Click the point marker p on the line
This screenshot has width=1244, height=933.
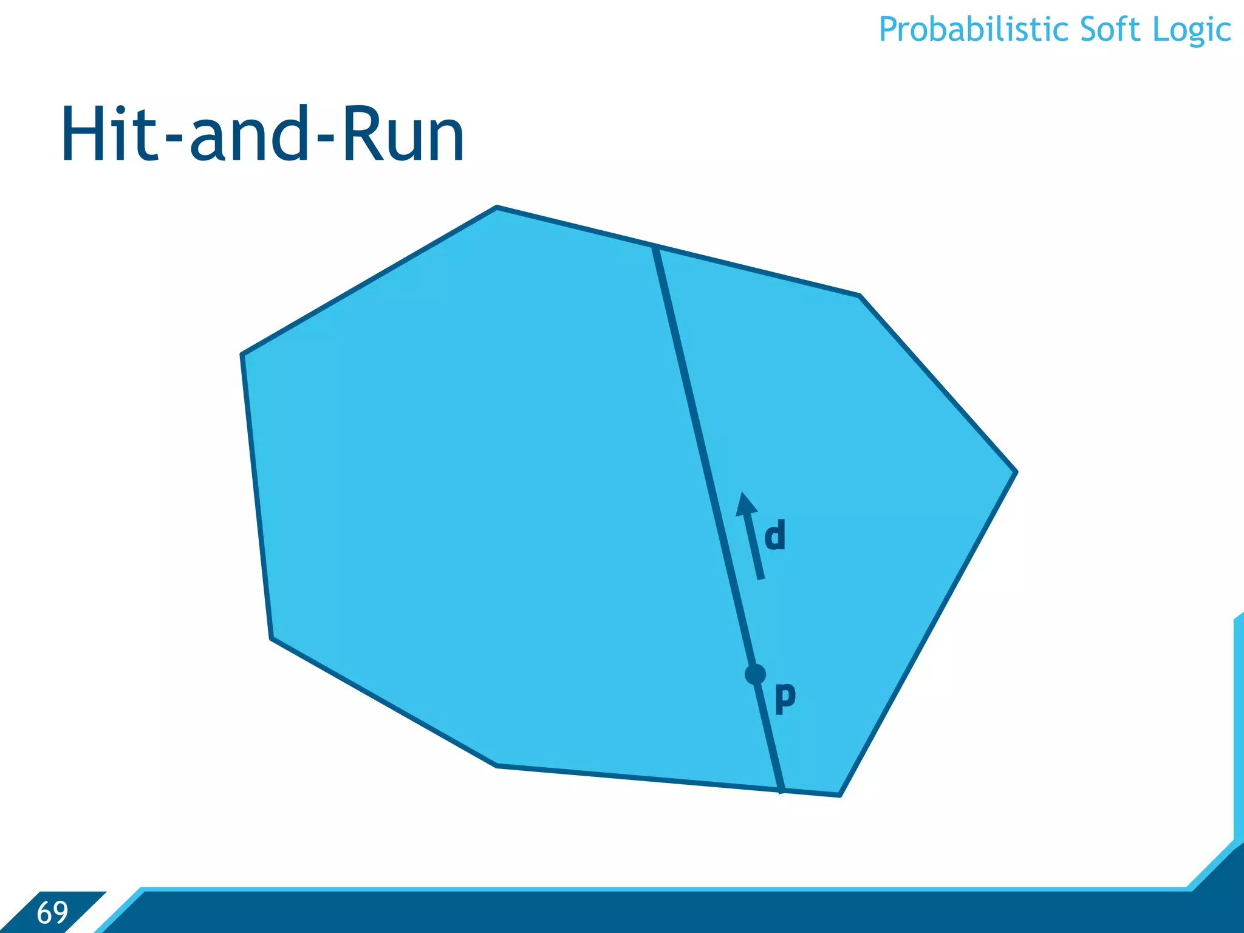click(x=755, y=674)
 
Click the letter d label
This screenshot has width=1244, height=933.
click(x=774, y=535)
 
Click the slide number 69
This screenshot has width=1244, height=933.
click(x=52, y=912)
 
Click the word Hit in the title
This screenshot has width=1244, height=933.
click(x=109, y=134)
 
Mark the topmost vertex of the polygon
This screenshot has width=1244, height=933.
click(x=497, y=208)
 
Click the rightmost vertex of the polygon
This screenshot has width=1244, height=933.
click(x=1016, y=471)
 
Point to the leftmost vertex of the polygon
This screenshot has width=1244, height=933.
click(x=242, y=354)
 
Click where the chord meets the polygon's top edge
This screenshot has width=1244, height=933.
click(x=655, y=247)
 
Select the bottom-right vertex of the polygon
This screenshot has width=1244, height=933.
click(x=839, y=795)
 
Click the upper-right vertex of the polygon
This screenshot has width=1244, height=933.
click(x=860, y=296)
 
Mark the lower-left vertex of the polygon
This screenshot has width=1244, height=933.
click(x=272, y=638)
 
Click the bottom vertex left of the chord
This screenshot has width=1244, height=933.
click(x=497, y=765)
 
